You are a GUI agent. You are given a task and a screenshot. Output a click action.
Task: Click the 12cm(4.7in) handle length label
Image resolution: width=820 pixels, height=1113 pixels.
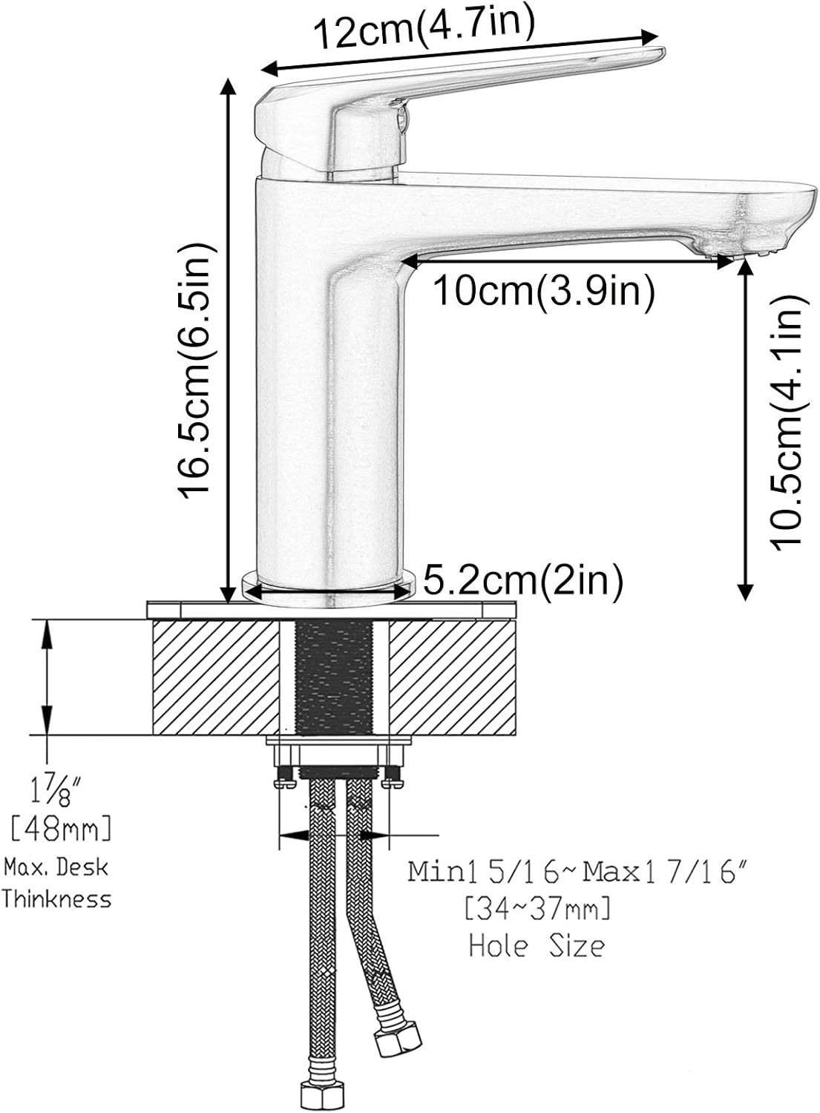(423, 30)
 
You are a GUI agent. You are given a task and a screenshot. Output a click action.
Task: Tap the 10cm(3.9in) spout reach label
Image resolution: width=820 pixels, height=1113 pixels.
(543, 292)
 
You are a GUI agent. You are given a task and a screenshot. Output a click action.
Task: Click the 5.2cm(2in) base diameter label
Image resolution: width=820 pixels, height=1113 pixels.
(523, 580)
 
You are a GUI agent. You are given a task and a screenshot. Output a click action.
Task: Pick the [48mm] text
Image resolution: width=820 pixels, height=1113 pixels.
(61, 829)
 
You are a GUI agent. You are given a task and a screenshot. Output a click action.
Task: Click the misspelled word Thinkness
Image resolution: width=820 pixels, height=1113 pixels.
(56, 899)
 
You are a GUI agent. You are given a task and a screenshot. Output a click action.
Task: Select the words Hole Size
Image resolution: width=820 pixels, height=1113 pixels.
(536, 945)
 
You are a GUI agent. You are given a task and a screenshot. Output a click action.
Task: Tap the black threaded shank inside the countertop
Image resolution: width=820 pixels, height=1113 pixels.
(334, 677)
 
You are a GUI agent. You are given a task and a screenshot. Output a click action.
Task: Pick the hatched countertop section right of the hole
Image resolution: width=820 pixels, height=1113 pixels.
(453, 677)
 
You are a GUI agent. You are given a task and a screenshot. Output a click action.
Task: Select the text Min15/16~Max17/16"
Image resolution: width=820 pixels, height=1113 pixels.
(548, 871)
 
